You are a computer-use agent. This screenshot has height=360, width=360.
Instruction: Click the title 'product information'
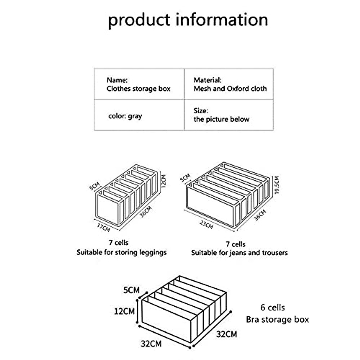(188, 20)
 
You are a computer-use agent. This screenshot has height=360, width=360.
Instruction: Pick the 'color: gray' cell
(125, 116)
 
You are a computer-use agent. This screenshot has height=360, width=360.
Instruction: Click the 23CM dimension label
(206, 224)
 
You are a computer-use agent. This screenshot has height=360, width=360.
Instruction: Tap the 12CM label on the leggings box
(163, 181)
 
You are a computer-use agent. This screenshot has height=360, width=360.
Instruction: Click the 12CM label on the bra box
(124, 311)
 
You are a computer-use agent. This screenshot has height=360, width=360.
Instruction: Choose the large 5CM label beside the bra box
(131, 290)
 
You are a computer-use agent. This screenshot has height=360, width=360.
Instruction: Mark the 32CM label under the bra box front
(151, 343)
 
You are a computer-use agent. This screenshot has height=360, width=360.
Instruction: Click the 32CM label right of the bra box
(226, 334)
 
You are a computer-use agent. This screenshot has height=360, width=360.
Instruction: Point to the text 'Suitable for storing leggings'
(121, 252)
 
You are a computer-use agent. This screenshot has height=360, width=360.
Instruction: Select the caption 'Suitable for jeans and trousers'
(239, 253)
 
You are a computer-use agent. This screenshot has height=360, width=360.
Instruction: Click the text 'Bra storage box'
(277, 319)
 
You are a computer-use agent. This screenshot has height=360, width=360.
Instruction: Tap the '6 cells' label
(272, 307)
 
